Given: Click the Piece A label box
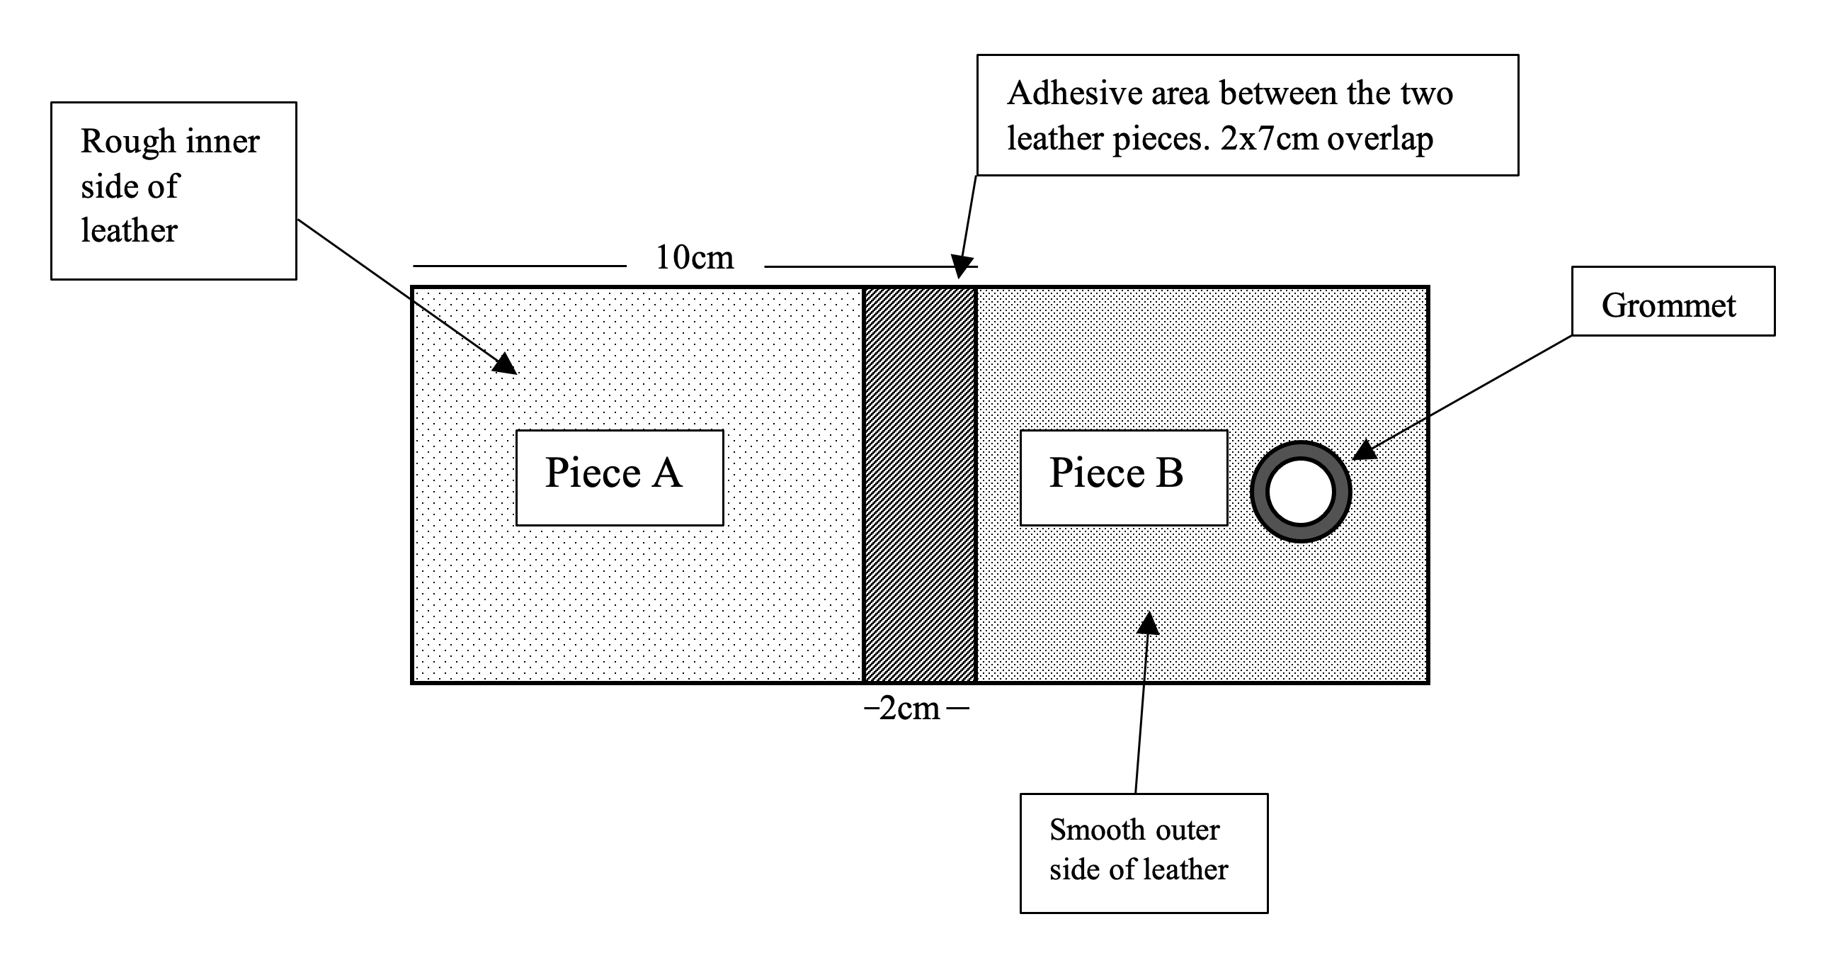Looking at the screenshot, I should [619, 477].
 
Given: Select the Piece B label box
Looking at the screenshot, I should [1123, 477].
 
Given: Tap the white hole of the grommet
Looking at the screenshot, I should [1300, 492].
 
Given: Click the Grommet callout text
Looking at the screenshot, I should [1668, 305].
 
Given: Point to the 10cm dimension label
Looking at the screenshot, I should [694, 258].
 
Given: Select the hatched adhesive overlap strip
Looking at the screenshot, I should [919, 485].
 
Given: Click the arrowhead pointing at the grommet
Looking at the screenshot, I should [1363, 451].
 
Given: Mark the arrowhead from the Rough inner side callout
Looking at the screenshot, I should [506, 364].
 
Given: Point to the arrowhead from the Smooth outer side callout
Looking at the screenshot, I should [1147, 624].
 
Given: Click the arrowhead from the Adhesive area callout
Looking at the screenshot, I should [962, 266].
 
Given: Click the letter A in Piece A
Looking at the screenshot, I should [666, 473].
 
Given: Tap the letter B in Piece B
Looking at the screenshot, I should [1169, 473].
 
